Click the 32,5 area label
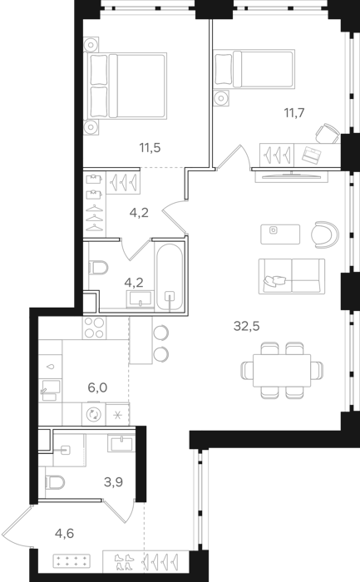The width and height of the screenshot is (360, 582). click(246, 326)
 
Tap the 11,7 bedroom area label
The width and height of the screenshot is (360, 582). click(294, 112)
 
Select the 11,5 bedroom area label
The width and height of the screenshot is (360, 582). click(150, 148)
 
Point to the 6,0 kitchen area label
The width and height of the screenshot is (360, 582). click(97, 387)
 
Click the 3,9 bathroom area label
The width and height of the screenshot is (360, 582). click(113, 482)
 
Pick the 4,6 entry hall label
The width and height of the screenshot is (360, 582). click(64, 534)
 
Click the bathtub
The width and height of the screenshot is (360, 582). click(170, 277)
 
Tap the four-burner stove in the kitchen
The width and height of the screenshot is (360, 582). click(94, 328)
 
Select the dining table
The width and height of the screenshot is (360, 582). click(282, 371)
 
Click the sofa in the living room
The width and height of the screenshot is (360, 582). click(292, 277)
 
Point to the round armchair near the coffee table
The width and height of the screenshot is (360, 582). click(325, 234)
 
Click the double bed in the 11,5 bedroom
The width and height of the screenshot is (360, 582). click(125, 86)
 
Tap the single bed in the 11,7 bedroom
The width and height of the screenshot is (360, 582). click(254, 69)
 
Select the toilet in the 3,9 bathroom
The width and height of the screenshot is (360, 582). click(55, 482)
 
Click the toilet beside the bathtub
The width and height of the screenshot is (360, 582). click(98, 267)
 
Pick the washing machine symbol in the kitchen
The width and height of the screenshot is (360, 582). click(93, 414)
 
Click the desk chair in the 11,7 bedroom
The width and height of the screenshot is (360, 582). click(328, 133)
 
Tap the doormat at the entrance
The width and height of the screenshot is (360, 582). click(72, 560)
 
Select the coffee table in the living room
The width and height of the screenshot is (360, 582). click(280, 234)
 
